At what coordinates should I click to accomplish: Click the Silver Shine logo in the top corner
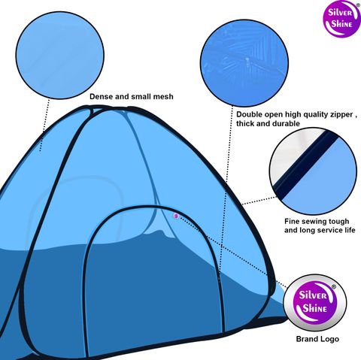[341, 19]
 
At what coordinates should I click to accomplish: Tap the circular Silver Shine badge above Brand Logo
[315, 302]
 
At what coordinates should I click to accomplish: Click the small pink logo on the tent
[176, 216]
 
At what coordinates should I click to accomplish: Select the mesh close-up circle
[60, 55]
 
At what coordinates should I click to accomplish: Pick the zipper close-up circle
[244, 63]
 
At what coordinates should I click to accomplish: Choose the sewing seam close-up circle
[313, 171]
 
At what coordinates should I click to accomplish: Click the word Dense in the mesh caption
[100, 96]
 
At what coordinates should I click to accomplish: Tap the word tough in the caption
[338, 222]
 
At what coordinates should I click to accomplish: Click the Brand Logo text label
[317, 339]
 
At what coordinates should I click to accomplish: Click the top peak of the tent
[108, 107]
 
